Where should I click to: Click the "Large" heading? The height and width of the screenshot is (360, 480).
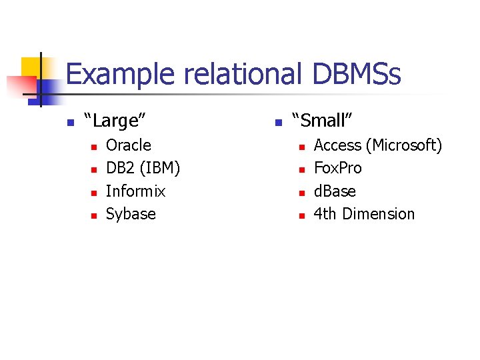coord(115,121)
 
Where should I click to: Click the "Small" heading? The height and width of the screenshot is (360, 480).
coord(322,121)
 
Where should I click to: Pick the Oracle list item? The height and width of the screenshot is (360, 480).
coord(129,145)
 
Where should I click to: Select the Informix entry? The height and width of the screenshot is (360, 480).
coord(135,191)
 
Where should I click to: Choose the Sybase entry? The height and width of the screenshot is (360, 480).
coord(131,214)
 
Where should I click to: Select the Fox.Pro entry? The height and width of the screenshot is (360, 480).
coord(337,168)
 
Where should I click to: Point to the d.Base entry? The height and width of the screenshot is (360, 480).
coord(335,191)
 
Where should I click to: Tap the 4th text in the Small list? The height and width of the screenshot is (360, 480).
coord(325,214)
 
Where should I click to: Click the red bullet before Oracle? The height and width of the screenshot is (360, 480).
coord(93,147)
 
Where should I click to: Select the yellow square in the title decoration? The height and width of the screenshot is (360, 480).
coord(30,67)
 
